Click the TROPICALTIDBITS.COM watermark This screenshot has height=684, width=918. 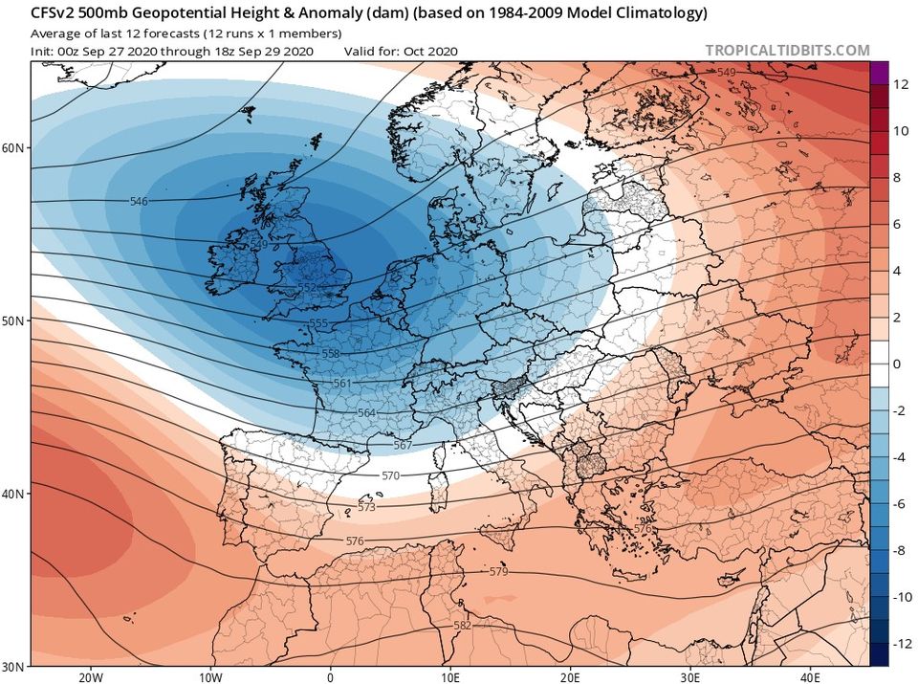click(x=788, y=51)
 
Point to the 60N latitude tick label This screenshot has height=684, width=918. click(x=13, y=147)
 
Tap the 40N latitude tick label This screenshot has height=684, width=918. click(x=13, y=493)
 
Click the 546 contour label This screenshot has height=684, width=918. click(x=139, y=201)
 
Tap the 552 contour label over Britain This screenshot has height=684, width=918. click(x=306, y=287)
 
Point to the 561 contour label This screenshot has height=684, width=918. click(x=342, y=383)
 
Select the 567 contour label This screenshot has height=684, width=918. click(x=403, y=445)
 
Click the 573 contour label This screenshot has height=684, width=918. click(x=366, y=507)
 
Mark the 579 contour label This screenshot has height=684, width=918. click(x=498, y=572)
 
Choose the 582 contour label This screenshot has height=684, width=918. click(x=462, y=626)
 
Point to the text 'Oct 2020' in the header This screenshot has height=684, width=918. click(x=433, y=51)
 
